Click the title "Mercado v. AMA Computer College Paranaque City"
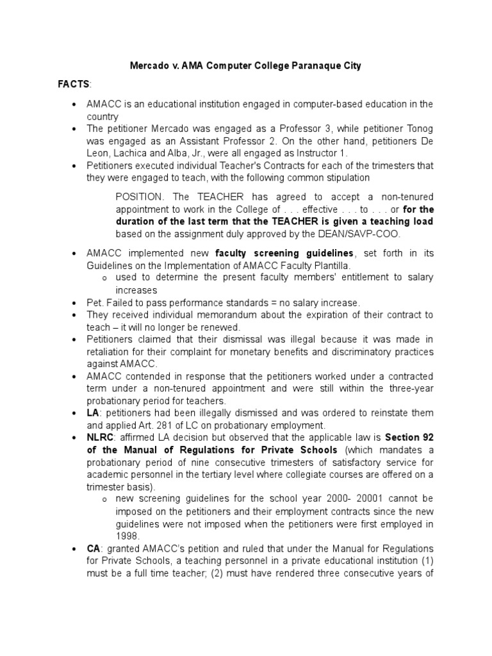[x=246, y=66]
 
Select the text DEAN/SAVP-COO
[x=353, y=234]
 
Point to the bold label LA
[x=93, y=413]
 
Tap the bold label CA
[x=94, y=549]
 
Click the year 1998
[x=127, y=536]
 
